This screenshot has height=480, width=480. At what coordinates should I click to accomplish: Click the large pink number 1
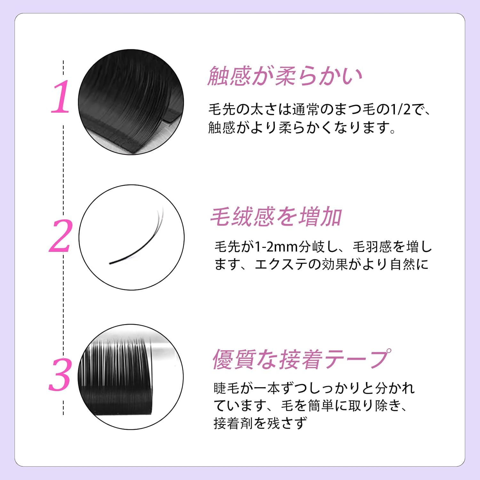60,97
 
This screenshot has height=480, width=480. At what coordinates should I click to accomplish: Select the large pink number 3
60,375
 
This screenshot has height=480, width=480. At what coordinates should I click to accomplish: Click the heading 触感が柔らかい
285,76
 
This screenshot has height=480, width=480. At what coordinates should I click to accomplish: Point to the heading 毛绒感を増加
276,217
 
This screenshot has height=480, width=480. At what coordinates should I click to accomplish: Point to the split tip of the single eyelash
160,214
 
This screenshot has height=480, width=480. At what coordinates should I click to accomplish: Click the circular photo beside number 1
131,102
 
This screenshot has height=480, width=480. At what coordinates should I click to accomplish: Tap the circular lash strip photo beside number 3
131,377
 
